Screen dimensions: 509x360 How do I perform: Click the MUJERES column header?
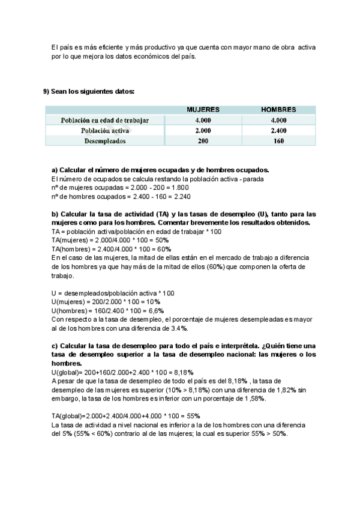(x=203, y=110)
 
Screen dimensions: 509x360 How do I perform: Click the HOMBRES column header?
(x=278, y=110)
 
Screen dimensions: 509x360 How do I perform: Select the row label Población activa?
(x=104, y=130)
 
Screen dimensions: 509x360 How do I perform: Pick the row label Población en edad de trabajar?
(x=104, y=120)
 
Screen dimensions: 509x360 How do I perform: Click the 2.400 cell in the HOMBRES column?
(x=278, y=130)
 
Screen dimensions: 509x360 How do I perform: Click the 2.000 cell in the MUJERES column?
(x=203, y=130)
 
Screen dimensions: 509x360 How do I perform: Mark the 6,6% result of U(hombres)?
(x=155, y=310)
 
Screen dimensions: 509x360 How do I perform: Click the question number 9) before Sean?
(x=46, y=91)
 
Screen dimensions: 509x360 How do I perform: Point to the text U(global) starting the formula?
(x=67, y=372)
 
